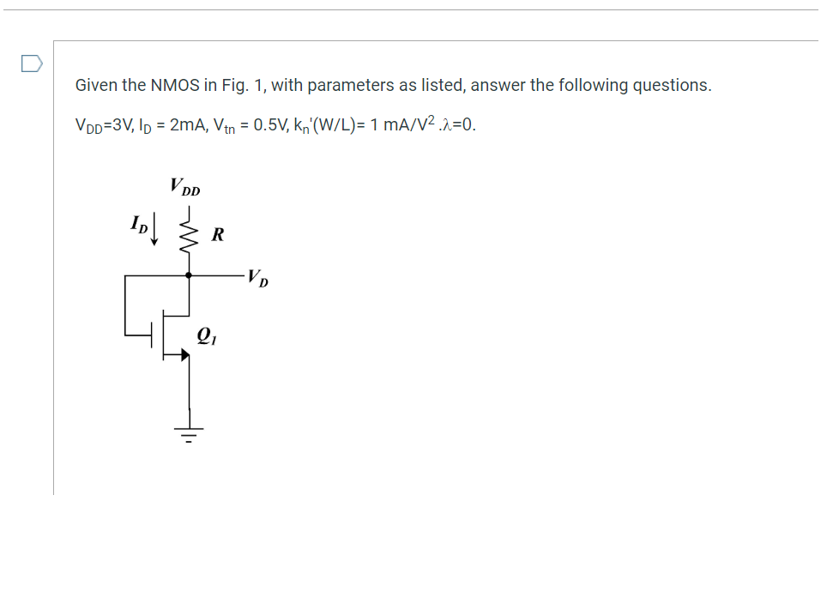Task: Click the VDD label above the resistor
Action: [184, 186]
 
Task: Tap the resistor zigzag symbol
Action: [189, 232]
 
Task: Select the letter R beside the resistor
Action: [218, 233]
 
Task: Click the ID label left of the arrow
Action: [138, 226]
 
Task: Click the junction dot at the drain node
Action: [189, 275]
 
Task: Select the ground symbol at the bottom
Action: [189, 432]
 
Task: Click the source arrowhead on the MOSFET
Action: [183, 353]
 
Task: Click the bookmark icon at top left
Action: [30, 63]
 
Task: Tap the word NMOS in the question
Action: [175, 85]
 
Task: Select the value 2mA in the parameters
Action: [186, 124]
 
